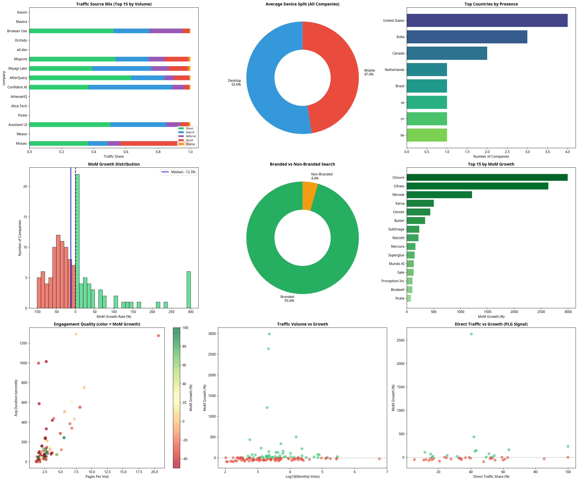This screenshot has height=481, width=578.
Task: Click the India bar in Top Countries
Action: coord(467,37)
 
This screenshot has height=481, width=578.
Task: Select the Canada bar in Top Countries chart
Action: coord(447,53)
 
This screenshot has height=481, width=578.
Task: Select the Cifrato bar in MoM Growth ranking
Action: coord(477,186)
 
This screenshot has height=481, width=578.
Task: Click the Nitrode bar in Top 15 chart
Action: coord(439,195)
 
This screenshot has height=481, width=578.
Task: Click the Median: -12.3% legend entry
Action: coord(179,172)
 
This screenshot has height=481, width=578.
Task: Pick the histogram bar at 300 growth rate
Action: coord(189,290)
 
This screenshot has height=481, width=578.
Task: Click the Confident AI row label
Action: coord(17,87)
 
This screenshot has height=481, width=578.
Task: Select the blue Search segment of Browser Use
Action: coord(131,31)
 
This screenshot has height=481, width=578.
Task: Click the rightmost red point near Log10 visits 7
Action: coord(379,459)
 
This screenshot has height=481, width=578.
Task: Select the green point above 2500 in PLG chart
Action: coord(471,334)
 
